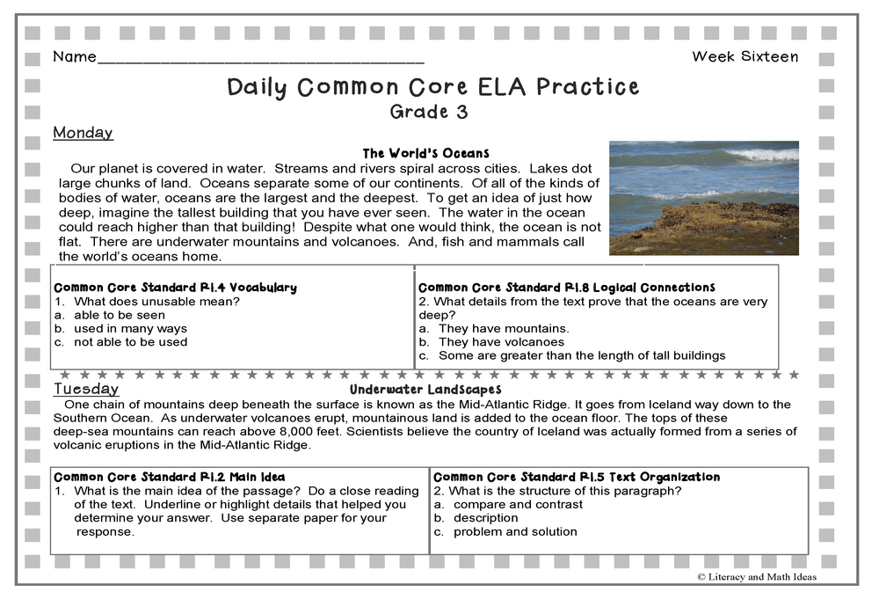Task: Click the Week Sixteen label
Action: (745, 57)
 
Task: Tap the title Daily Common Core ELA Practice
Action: (432, 87)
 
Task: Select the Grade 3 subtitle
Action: (429, 112)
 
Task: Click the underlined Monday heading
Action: (83, 133)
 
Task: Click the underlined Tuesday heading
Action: (86, 389)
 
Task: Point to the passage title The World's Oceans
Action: (425, 153)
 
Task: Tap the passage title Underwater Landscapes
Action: (425, 389)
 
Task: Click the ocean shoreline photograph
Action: (703, 198)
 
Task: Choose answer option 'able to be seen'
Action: (119, 315)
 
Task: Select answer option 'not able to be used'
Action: (130, 342)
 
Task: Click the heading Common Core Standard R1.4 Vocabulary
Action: (175, 288)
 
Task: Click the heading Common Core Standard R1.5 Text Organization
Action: (576, 478)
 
